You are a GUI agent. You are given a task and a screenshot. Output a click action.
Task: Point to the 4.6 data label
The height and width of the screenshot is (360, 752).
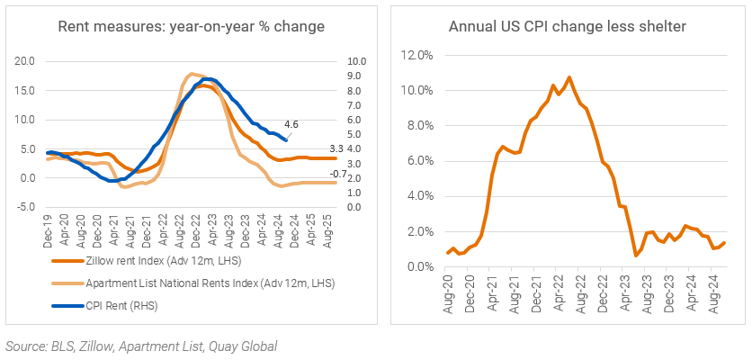tap(291, 123)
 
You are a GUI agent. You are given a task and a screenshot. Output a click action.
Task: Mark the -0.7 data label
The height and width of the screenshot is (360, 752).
tap(338, 174)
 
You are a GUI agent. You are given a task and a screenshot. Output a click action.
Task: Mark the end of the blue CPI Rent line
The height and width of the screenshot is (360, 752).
tap(287, 140)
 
